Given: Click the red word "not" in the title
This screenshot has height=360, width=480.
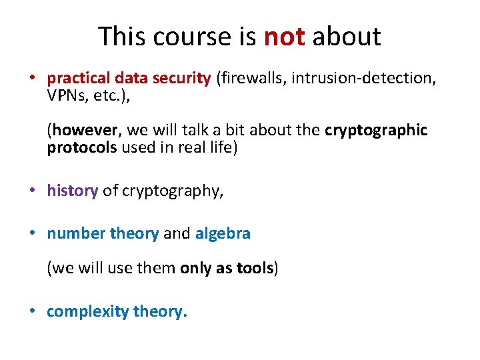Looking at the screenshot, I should (285, 37).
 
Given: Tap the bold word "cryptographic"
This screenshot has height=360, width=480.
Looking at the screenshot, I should (376, 130).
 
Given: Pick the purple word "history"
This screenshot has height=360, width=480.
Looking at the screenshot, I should (72, 191).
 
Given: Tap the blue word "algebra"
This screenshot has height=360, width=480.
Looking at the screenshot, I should (223, 233).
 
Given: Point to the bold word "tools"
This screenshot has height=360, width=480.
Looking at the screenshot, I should (254, 269).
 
